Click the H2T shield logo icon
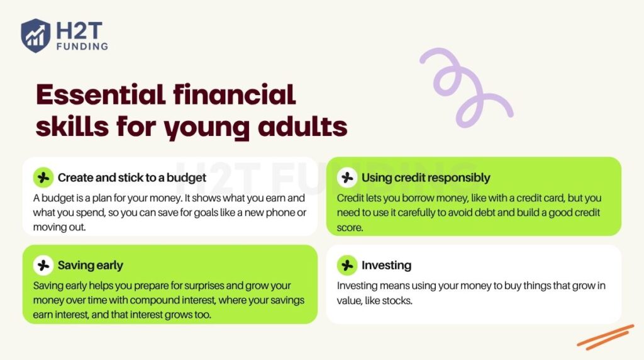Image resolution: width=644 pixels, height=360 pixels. tap(35, 35)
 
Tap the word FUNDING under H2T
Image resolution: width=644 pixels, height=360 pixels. tap(81, 46)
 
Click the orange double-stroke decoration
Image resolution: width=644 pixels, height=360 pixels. tap(606, 336)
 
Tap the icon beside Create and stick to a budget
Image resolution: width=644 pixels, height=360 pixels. tap(43, 178)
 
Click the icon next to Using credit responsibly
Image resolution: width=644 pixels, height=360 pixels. tap(347, 178)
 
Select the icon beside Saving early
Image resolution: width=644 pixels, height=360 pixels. tap(43, 265)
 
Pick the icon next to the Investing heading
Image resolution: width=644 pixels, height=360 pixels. tap(347, 265)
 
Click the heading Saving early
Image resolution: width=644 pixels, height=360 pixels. tap(91, 265)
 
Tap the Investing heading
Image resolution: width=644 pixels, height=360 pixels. tap(386, 265)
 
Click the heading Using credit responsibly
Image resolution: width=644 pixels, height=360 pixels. tap(426, 178)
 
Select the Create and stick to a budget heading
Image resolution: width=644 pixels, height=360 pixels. tap(132, 178)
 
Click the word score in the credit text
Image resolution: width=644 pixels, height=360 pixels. tap(350, 227)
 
